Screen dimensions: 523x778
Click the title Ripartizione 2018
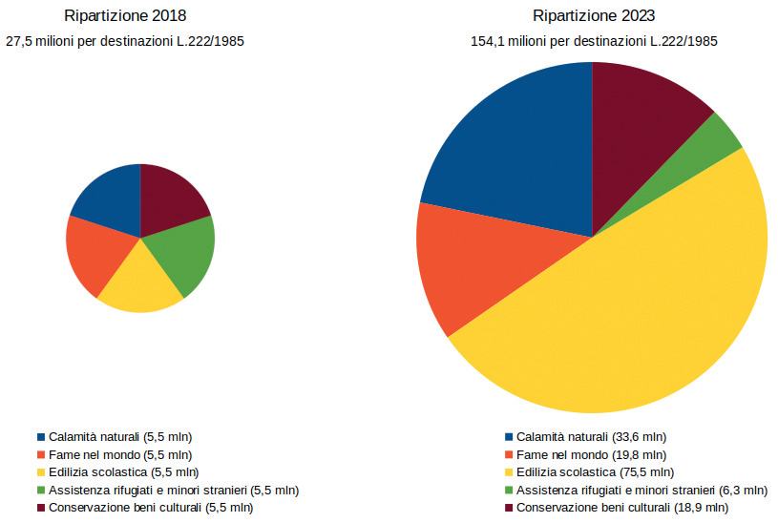pos(125,16)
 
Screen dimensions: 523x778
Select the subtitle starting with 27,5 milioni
pos(125,41)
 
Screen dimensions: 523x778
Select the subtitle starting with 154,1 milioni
pos(593,41)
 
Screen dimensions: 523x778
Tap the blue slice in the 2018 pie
pos(109,197)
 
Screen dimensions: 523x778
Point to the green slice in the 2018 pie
pos(186,252)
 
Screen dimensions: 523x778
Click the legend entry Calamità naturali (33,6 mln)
pos(592,436)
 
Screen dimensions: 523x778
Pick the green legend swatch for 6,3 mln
pos(509,490)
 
